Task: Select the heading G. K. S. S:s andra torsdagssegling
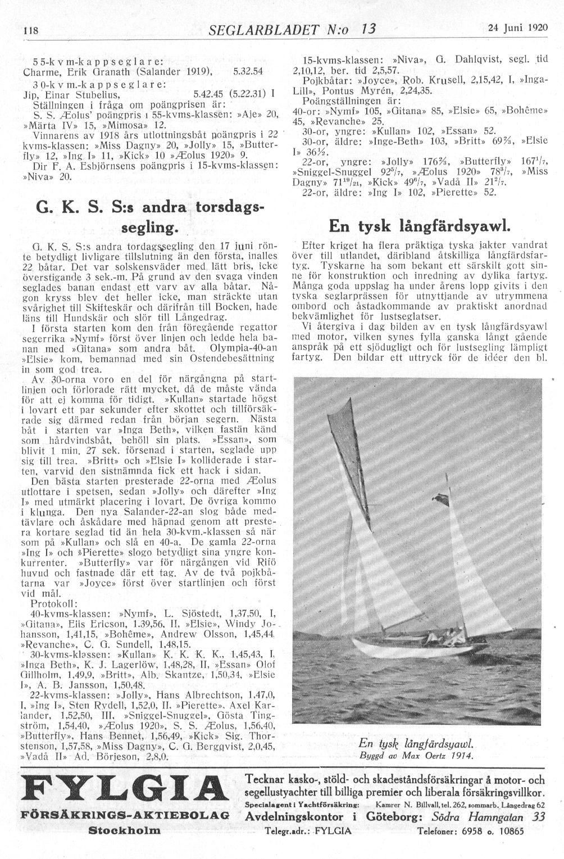click(149, 217)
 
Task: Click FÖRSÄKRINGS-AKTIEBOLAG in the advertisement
click(125, 815)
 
